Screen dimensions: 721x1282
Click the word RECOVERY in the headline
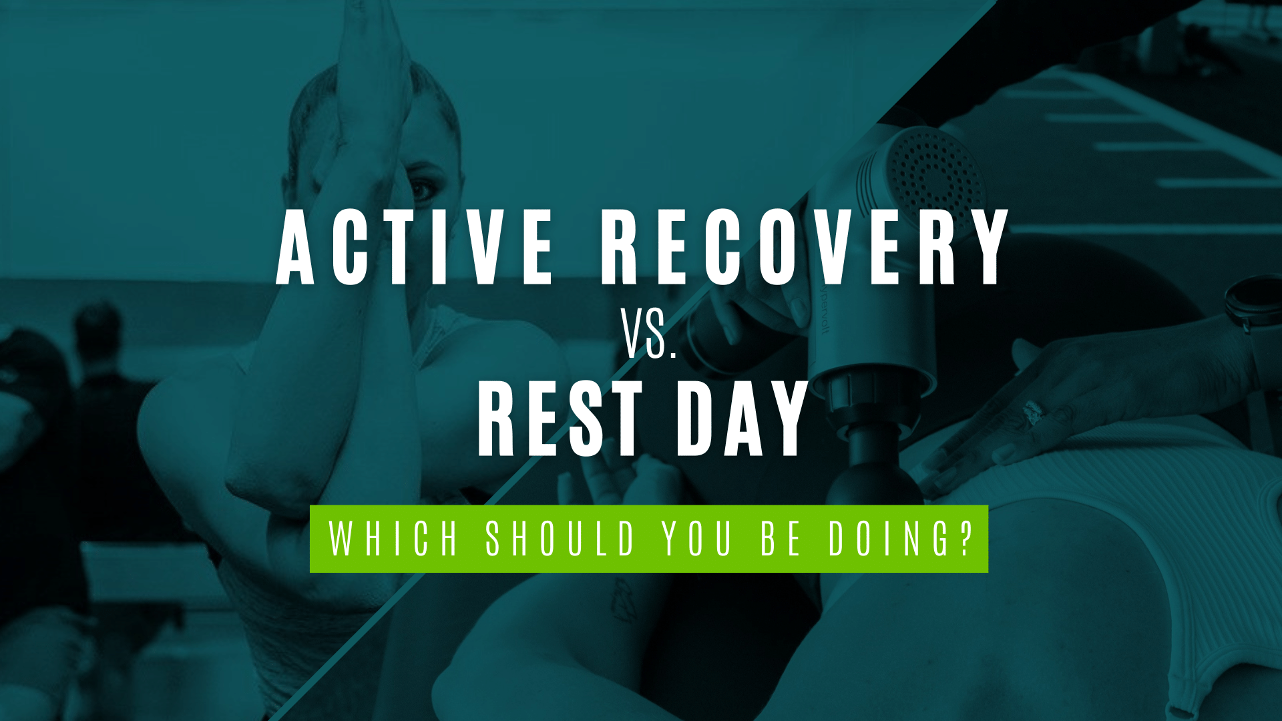pos(805,247)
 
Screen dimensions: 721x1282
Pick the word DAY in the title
pos(741,419)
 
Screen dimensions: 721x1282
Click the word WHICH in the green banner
pos(394,539)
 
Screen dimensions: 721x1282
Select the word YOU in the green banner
pos(697,539)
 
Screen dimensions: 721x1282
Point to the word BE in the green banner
pos(781,539)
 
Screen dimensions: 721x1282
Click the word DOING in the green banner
pos(888,539)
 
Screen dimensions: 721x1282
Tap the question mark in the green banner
pos(964,539)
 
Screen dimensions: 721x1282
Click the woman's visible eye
pos(422,190)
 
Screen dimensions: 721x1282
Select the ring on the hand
pos(1033,413)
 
